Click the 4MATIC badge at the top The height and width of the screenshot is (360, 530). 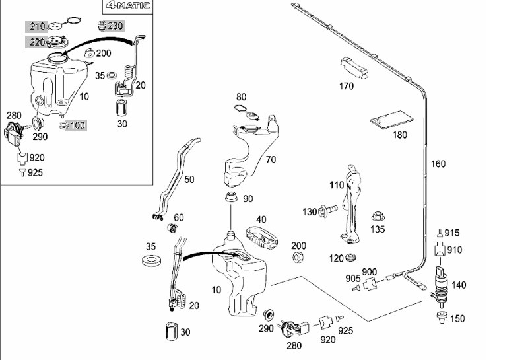pos(128,7)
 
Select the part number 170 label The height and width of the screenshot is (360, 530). pos(346,86)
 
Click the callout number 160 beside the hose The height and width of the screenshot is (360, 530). pos(438,164)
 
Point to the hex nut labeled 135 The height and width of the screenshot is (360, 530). pos(379,216)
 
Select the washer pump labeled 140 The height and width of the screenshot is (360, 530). pos(440,282)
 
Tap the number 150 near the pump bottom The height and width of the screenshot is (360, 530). pos(457,318)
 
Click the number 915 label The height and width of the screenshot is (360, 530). pos(451,233)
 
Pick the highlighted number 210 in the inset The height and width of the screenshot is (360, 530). pos(37,26)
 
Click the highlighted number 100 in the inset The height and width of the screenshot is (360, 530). pos(77,125)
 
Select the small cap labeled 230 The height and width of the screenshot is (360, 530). pos(102,26)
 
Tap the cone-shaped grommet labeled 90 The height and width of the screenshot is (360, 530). pos(230,198)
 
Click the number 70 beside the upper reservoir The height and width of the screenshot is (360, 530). pos(271,159)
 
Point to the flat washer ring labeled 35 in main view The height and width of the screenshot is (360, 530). pos(151,258)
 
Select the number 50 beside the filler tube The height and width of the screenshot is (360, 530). pos(189,179)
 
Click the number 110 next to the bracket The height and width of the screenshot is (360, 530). pos(337,185)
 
